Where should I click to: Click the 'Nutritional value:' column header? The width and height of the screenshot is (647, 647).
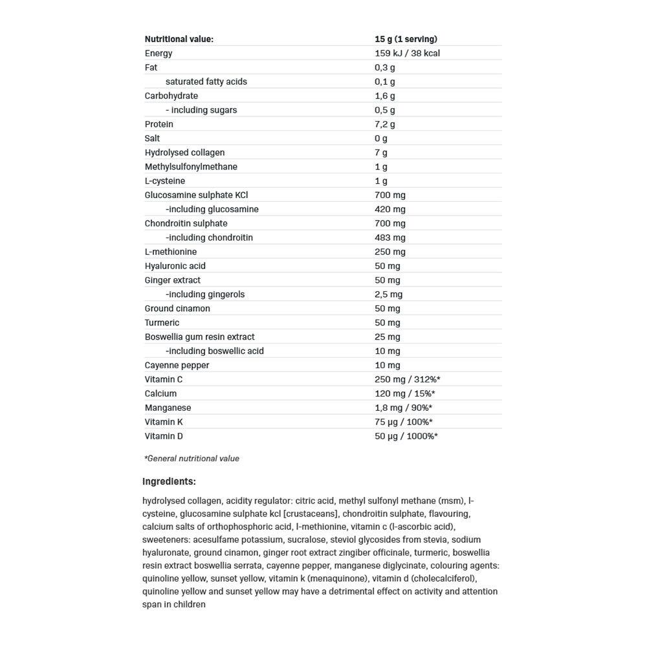[x=179, y=39]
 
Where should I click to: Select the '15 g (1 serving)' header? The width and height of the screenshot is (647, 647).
[x=406, y=39]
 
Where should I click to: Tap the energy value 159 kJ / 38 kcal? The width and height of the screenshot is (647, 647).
[x=407, y=53]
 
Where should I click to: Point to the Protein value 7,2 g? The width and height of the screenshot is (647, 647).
[x=384, y=124]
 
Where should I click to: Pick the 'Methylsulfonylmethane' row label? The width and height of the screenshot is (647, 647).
[x=191, y=167]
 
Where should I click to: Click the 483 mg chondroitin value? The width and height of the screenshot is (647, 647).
[x=389, y=237]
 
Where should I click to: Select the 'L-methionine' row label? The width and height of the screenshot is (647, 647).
[x=171, y=252]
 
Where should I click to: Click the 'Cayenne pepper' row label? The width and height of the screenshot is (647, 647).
[x=177, y=365]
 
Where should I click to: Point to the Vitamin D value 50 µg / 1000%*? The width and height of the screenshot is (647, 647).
[x=406, y=436]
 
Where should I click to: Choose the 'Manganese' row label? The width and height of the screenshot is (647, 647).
[x=168, y=408]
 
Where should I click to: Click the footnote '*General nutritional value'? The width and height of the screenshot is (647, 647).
[x=192, y=459]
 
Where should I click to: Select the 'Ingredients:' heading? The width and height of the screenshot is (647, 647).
[x=169, y=481]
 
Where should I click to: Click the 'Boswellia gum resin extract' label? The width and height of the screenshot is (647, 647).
[x=199, y=336]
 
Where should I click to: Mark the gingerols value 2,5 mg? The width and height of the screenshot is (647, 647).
[x=388, y=294]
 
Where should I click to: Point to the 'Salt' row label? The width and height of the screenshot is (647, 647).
[x=152, y=138]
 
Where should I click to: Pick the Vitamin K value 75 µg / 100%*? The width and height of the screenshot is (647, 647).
[x=404, y=422]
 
